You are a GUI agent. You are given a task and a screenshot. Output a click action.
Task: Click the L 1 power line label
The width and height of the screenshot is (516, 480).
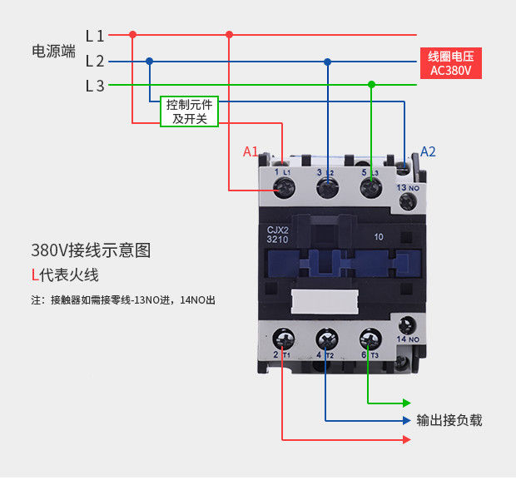coord(95,36)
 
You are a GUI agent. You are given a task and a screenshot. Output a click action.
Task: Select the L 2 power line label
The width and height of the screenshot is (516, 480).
coord(95,61)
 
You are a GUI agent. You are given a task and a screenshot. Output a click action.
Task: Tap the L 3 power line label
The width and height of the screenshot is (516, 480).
coord(95,85)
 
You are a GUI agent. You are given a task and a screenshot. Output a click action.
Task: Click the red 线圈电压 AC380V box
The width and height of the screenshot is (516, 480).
coord(450,63)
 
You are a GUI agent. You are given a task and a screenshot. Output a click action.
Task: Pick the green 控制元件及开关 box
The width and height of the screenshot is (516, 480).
coord(190,111)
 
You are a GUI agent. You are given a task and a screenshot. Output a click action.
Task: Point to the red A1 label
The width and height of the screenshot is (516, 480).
coord(251,152)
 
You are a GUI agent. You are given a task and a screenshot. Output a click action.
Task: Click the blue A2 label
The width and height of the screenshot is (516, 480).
coord(428,151)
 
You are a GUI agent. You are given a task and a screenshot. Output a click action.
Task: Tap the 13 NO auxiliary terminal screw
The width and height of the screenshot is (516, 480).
coord(407,202)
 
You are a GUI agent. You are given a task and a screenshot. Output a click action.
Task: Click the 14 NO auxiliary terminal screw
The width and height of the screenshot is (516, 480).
coord(407,325)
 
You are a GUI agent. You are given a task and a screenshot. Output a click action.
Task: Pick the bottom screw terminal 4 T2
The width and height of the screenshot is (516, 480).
coord(325,339)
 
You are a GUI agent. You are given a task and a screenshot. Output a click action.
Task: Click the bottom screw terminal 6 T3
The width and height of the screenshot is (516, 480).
coord(369,339)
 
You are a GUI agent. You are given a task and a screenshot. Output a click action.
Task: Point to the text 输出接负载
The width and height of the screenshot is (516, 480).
coord(449,420)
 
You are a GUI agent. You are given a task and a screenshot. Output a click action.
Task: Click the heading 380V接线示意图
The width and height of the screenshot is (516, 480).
coord(92,250)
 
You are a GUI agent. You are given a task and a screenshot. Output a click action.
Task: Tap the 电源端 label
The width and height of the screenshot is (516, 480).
coord(53,51)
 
